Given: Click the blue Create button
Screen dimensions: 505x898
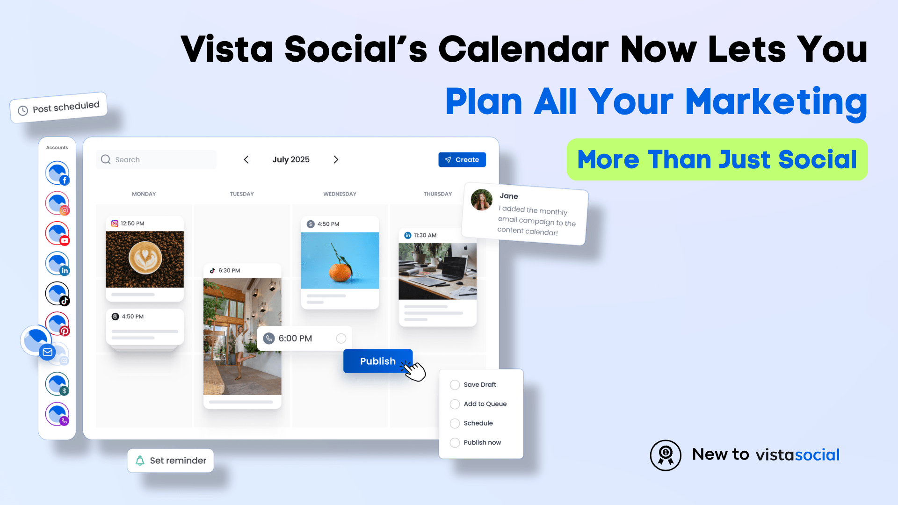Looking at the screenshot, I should coord(462,159).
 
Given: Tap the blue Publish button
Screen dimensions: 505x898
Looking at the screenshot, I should coord(377,361).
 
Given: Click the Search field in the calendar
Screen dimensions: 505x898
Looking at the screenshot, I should coord(157,159).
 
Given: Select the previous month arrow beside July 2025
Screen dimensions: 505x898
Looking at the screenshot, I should coord(246,159).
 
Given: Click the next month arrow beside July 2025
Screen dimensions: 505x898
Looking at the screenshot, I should coord(336,159).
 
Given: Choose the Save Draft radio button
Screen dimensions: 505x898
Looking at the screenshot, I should coord(455,385).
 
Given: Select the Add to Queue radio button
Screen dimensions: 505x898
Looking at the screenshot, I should coord(455,404).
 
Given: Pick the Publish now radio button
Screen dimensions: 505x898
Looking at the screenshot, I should coord(455,442).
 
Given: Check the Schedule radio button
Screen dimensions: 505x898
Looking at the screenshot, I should coord(455,423).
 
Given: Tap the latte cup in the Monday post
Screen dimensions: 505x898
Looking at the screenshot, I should coord(145,258).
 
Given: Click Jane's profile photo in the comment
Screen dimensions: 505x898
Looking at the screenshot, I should coord(481,200).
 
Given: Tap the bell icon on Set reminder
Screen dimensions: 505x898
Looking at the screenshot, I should coord(140,461).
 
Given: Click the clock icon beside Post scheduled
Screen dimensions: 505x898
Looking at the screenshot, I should coord(23,111).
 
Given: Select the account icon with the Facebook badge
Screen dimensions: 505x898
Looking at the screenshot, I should coord(58,173).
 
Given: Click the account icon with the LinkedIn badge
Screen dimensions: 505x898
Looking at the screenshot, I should coord(58,263).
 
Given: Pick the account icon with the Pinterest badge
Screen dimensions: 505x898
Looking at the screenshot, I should coord(58,324).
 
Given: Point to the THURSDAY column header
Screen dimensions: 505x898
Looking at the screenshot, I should coord(437,194).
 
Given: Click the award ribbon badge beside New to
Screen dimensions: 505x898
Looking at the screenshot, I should coord(665,455).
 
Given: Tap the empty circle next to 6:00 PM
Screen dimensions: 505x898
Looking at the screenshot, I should coord(341,339).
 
